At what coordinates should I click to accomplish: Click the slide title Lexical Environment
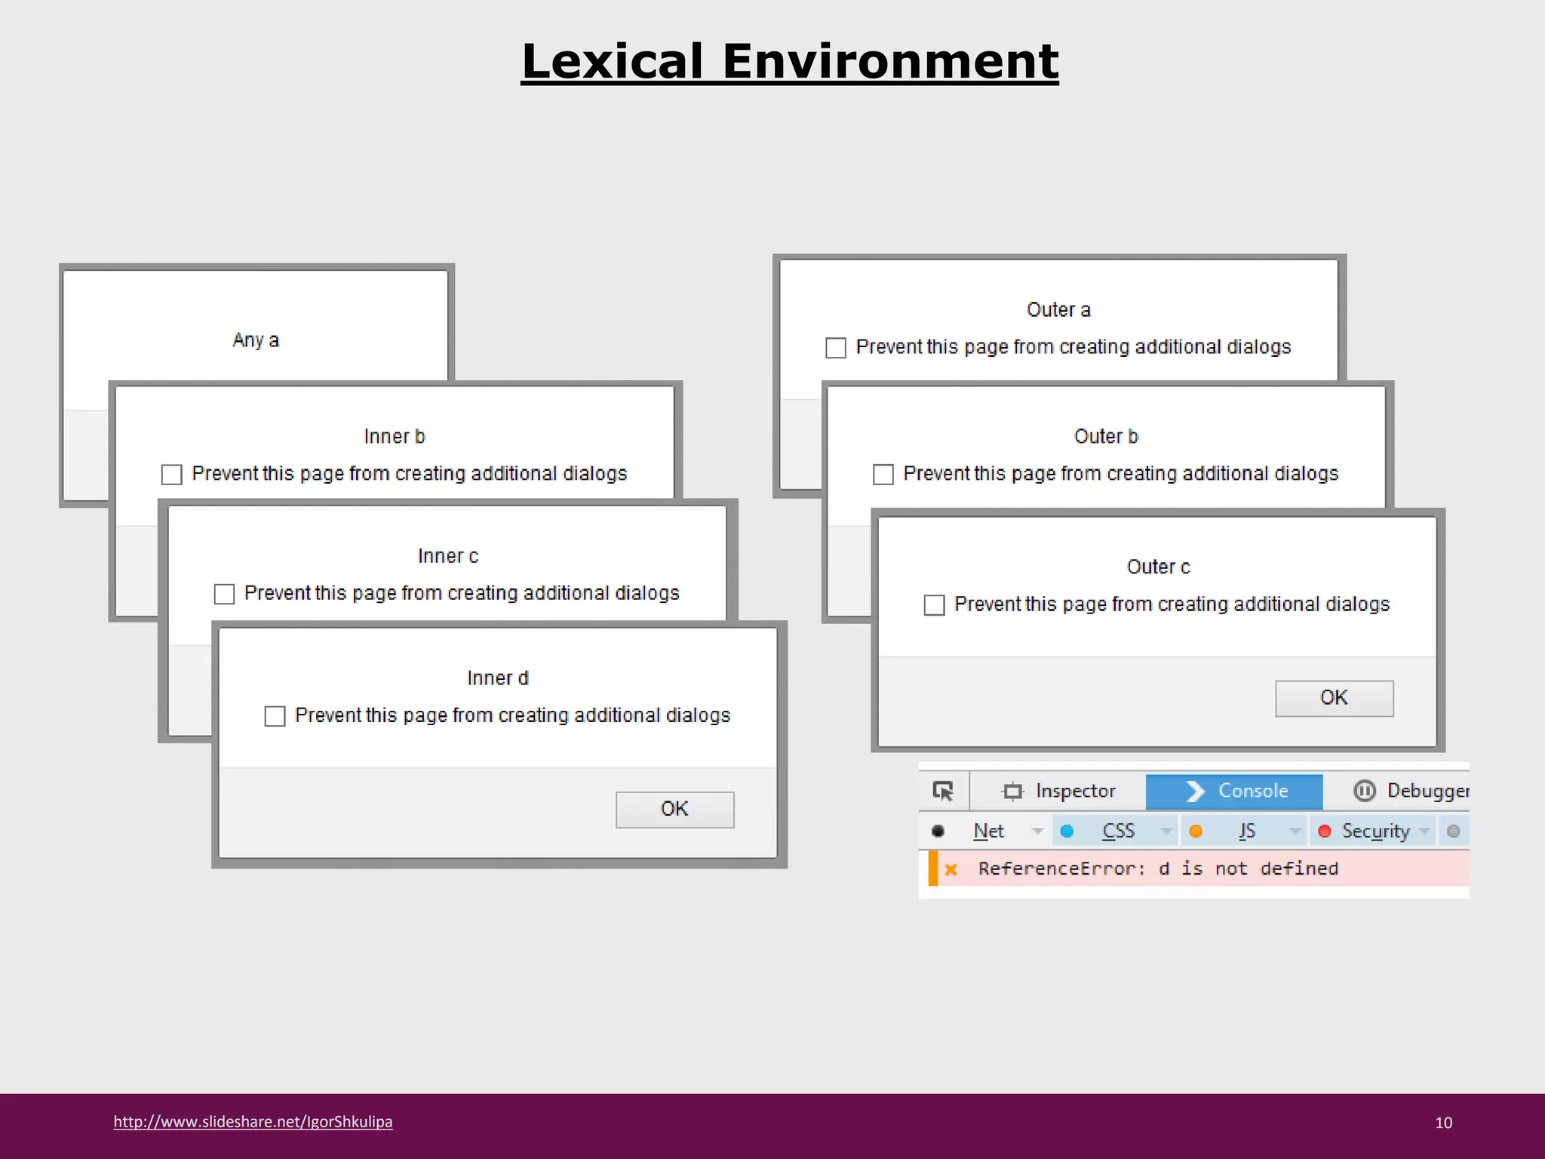[789, 61]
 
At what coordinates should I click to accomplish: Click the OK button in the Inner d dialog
[674, 809]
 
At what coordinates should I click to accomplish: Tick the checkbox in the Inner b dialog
[172, 475]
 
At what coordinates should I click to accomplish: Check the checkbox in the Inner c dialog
[224, 594]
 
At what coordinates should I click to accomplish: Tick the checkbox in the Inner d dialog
[275, 716]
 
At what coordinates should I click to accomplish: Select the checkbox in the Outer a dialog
[836, 348]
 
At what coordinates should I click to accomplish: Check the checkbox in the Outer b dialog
[883, 475]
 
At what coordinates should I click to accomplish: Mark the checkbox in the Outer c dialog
[935, 605]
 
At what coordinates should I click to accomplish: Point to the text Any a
[256, 340]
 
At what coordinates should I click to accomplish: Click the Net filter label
[988, 832]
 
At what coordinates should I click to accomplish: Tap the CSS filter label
[1118, 832]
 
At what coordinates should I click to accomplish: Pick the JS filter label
[1247, 832]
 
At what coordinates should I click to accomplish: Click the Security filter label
[1375, 832]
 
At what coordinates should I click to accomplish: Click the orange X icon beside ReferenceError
[951, 869]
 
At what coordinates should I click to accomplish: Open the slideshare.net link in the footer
[253, 1122]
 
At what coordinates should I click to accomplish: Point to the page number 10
[1443, 1123]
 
